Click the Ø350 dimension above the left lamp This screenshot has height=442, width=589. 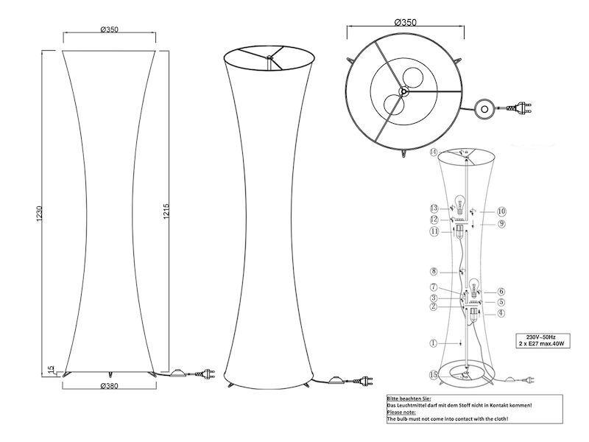coord(110,29)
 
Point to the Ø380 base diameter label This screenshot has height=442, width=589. coord(110,385)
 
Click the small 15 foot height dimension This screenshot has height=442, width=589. coord(49,369)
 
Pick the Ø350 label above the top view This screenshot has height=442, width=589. coord(404,22)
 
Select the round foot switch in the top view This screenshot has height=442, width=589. coord(484,109)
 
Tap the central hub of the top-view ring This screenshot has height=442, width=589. coord(403,91)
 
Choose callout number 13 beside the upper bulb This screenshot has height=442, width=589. coord(434,208)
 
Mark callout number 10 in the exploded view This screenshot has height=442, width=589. coord(501,210)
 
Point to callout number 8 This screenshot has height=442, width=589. coord(434,271)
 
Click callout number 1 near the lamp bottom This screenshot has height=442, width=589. coord(434,343)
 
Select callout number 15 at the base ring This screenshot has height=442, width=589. coord(434,375)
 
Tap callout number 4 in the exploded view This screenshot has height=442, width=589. coord(501,313)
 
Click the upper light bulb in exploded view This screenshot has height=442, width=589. coord(462,203)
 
